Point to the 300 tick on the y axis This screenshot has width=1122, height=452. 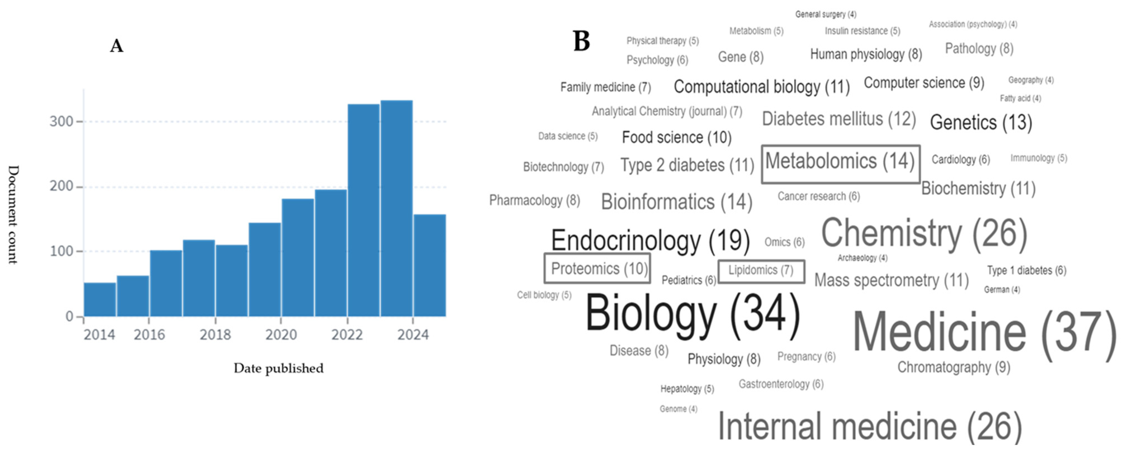pos(61,121)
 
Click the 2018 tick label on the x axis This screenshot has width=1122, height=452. pos(215,335)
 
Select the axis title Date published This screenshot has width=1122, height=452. pos(278,368)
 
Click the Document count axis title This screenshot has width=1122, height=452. pos(13,215)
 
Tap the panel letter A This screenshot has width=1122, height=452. pos(116,46)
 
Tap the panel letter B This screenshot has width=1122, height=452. pos(582,41)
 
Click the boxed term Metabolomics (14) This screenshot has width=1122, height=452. pos(840,162)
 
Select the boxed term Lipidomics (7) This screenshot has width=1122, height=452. pos(761,271)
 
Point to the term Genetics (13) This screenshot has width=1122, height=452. pos(981,122)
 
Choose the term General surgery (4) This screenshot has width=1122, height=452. pos(825,15)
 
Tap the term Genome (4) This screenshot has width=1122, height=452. pos(678,409)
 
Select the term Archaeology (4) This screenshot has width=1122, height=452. pos(862,258)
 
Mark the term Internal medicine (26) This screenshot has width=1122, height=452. pos(869,426)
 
